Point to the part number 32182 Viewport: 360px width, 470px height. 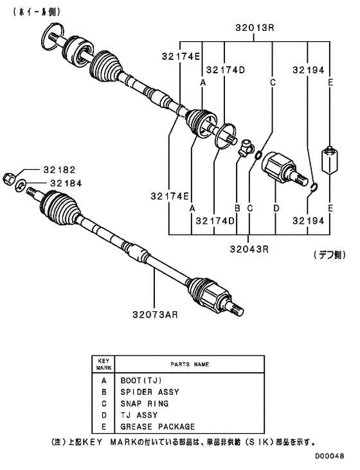60,170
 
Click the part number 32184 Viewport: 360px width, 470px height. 60,183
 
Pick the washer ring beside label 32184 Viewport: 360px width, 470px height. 21,186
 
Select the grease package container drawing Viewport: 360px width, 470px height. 330,159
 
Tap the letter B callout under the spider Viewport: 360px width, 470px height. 237,208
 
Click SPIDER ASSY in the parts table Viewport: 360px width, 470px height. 149,392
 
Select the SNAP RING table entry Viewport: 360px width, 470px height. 144,403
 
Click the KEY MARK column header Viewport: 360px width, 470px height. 104,364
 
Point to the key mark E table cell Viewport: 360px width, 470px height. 104,426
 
